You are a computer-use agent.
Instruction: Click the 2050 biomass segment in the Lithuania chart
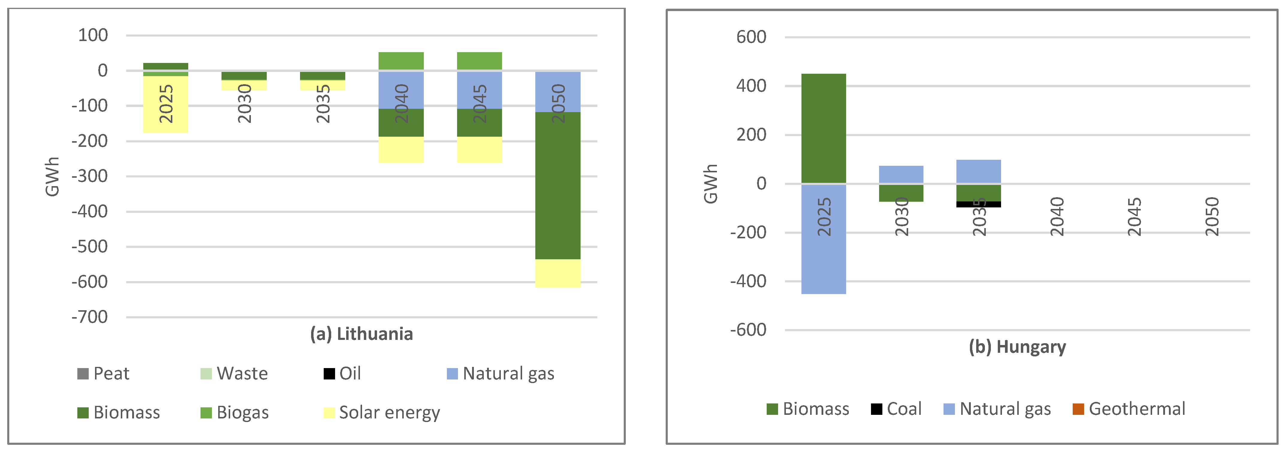point(557,185)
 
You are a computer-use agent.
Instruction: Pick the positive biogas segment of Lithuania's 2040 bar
point(401,61)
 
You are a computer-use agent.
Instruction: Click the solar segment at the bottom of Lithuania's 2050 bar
point(557,273)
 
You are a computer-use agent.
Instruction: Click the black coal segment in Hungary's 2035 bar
point(978,204)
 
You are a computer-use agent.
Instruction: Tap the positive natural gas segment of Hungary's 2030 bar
point(901,174)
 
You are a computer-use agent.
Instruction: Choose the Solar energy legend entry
point(382,412)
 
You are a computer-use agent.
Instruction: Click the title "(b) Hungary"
point(1017,346)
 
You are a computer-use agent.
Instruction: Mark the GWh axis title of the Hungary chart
point(710,184)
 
